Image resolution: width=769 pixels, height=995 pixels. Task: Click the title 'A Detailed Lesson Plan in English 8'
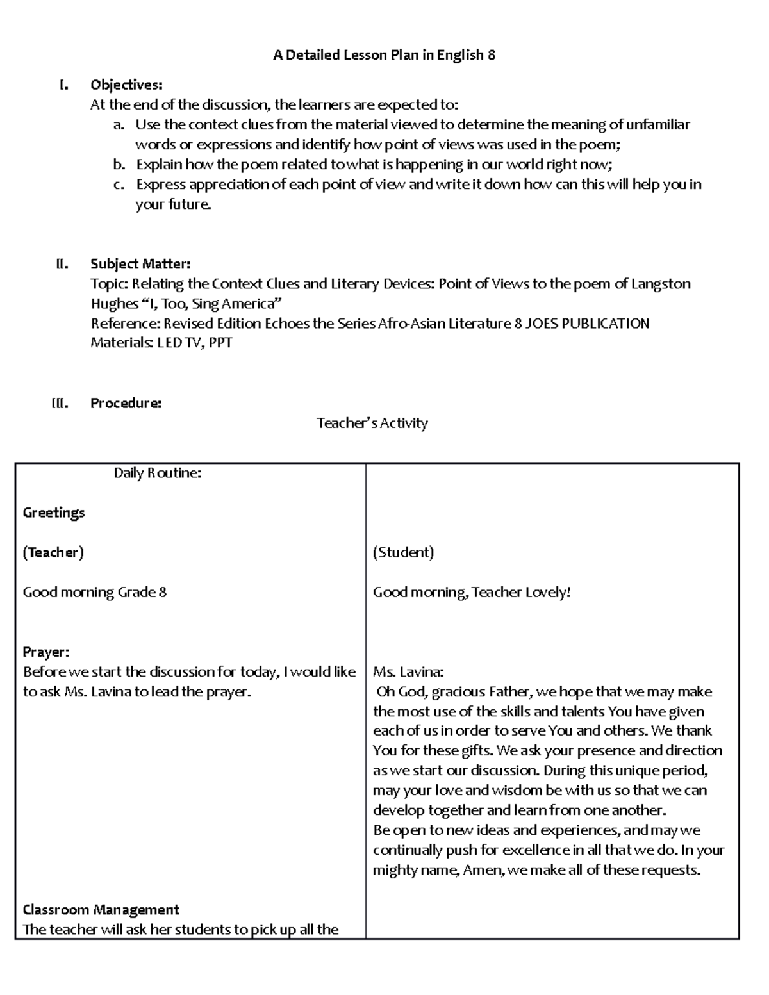pos(384,55)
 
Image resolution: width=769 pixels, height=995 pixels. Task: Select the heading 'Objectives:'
pos(126,85)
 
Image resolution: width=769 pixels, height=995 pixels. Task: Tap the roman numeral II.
pos(62,264)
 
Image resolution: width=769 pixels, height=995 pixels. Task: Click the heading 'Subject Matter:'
pos(140,264)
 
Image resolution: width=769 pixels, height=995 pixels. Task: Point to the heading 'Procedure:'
pos(126,403)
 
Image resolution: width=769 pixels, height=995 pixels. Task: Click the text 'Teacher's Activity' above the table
pos(372,423)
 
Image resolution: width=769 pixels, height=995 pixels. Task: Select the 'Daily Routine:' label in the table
pos(158,473)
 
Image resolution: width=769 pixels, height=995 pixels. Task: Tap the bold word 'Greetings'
pos(54,513)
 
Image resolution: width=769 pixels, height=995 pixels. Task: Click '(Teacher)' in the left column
pos(53,552)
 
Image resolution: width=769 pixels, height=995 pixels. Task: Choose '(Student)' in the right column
pos(403,552)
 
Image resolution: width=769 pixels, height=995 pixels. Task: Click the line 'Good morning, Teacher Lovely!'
pos(471,592)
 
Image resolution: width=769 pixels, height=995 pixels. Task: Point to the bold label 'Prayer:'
pos(46,652)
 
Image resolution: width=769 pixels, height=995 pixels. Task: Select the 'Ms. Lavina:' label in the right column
pos(408,672)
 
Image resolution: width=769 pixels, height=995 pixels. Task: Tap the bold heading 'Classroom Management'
pos(101,910)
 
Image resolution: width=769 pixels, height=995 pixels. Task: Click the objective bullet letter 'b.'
pos(119,165)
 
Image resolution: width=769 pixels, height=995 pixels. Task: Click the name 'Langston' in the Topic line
pos(661,284)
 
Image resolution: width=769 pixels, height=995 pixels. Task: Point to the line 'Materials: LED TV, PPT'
pos(161,343)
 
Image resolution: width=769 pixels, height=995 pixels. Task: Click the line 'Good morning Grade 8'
pos(94,592)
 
